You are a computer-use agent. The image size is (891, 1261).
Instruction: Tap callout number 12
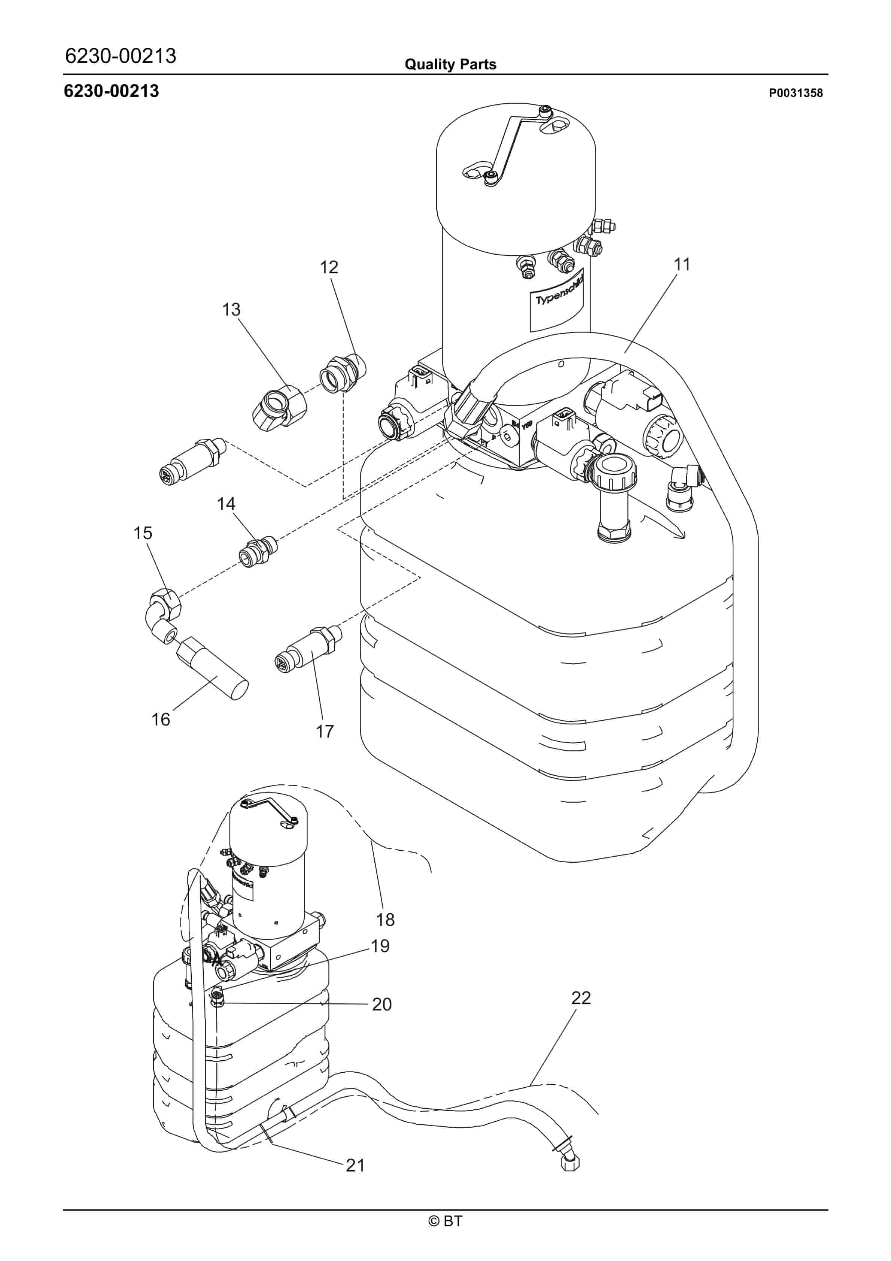coord(329,267)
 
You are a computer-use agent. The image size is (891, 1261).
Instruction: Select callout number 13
coord(231,310)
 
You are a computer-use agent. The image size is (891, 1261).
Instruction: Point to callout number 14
coord(226,504)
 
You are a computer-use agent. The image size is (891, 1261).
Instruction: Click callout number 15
coord(143,533)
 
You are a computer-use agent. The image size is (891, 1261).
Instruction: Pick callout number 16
coord(161,720)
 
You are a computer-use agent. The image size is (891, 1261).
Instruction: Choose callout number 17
coord(325,732)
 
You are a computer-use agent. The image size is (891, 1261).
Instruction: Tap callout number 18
coord(385,920)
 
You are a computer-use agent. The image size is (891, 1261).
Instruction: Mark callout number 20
coord(382,1005)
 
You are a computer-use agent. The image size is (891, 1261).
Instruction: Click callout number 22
coord(581,998)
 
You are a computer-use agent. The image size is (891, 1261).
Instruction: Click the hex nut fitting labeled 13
coord(279,407)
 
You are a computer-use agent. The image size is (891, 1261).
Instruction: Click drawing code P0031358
coord(796,93)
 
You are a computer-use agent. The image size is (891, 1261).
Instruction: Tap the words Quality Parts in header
coord(450,65)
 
